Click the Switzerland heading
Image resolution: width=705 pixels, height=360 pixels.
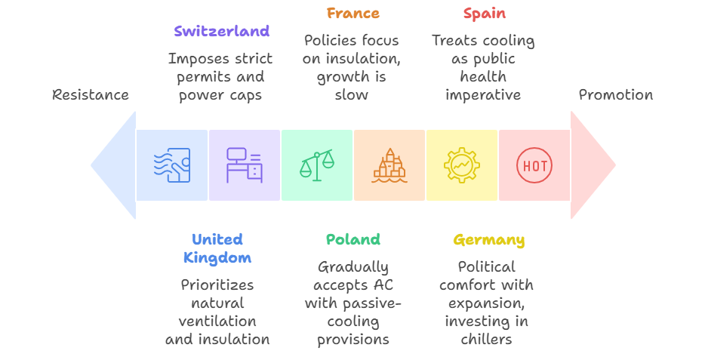click(221, 32)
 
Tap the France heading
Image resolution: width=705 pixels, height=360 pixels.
click(352, 14)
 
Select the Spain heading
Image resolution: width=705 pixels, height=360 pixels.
click(484, 14)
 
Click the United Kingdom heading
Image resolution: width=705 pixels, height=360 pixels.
click(217, 249)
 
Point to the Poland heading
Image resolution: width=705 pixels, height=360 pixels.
click(352, 240)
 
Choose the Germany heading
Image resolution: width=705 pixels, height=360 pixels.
click(488, 241)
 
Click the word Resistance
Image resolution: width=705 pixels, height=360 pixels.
click(91, 95)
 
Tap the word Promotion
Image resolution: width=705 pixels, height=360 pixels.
click(615, 95)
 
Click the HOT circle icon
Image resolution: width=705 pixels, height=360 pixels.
click(534, 165)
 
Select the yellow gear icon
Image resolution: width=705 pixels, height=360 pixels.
click(462, 165)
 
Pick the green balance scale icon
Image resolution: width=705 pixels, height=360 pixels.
click(317, 165)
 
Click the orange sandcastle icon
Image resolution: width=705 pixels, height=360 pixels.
click(389, 165)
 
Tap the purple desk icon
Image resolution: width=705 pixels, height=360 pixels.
click(245, 165)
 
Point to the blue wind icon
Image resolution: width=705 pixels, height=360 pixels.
click(172, 165)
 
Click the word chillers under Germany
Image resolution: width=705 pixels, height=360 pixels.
click(486, 340)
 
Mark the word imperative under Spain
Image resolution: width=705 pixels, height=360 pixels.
click(483, 95)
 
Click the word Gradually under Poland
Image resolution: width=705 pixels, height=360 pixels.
click(352, 267)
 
